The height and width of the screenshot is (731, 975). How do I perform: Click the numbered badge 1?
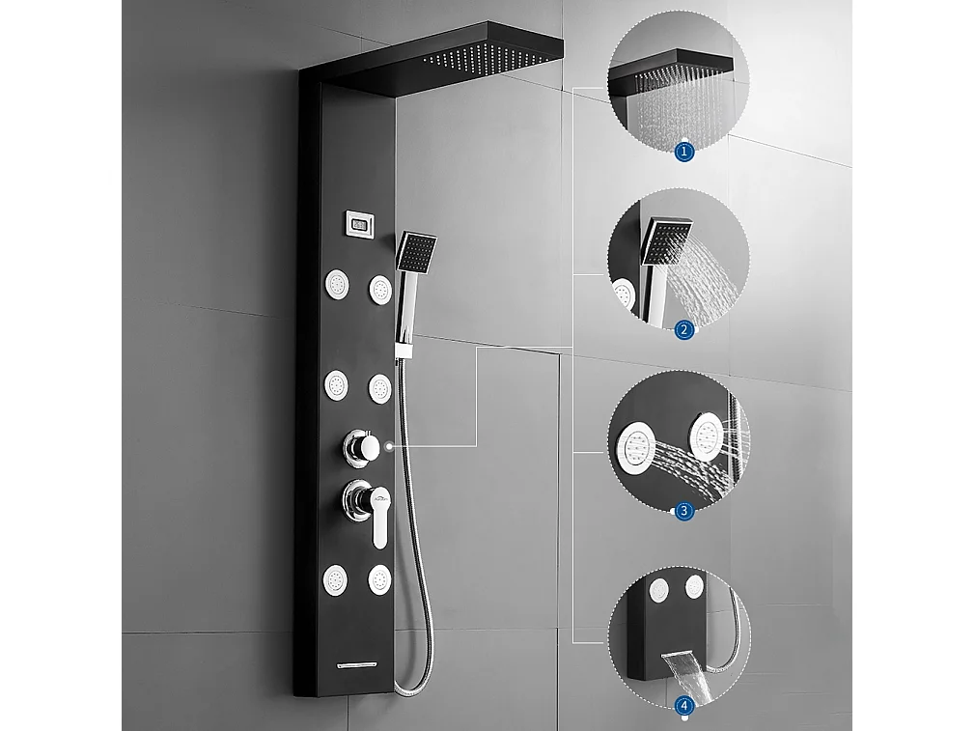tap(684, 151)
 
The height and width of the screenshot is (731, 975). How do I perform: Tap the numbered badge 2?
tap(684, 329)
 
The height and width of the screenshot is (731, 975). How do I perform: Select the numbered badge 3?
tap(684, 511)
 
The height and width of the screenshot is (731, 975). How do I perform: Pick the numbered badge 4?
tap(684, 705)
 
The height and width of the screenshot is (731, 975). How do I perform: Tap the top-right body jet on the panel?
tap(379, 290)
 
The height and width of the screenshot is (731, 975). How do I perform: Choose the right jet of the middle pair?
tap(378, 389)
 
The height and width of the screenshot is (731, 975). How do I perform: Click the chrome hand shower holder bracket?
tap(402, 349)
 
